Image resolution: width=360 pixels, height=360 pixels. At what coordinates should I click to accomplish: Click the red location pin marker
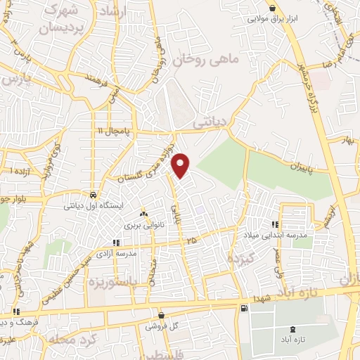click(181, 165)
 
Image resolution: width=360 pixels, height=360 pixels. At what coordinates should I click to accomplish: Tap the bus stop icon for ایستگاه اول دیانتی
click(94, 195)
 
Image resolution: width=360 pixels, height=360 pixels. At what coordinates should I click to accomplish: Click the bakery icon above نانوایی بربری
click(143, 214)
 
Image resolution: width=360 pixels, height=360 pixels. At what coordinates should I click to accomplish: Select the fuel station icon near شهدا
click(243, 308)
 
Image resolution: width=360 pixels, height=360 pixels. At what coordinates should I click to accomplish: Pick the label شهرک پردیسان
click(66, 20)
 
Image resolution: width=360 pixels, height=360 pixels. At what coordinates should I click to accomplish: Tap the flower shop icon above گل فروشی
click(162, 316)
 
